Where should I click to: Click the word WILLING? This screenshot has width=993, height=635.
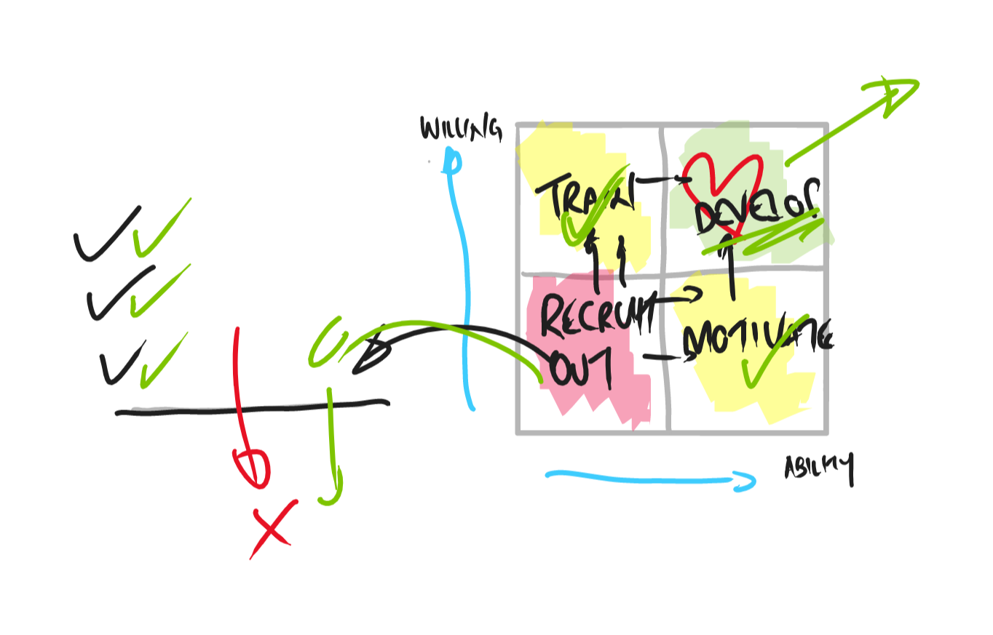click(x=460, y=129)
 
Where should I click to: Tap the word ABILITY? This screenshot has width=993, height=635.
click(x=818, y=468)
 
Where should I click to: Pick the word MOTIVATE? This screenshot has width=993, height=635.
click(x=757, y=340)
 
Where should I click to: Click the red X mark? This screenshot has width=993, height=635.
click(x=272, y=529)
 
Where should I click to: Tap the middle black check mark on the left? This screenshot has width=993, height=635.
click(x=116, y=294)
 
